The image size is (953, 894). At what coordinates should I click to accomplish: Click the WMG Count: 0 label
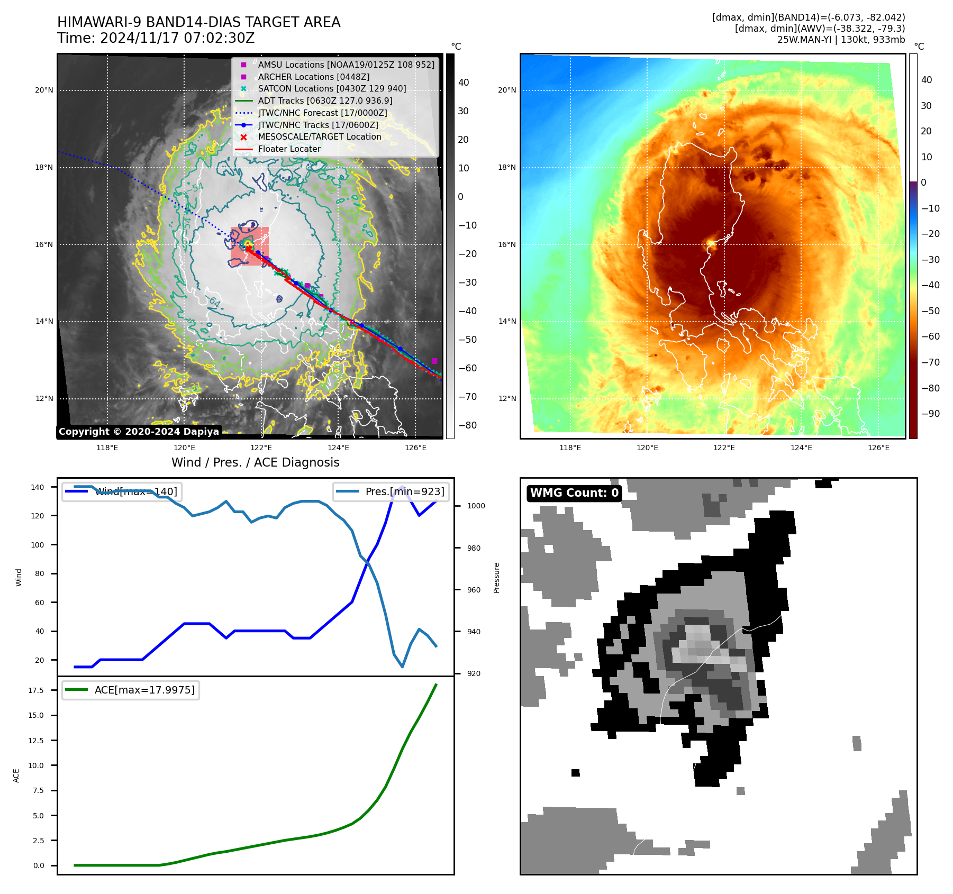click(x=574, y=493)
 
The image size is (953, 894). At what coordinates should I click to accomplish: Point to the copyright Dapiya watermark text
click(x=139, y=432)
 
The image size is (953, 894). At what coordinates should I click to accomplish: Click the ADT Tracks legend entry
click(x=325, y=101)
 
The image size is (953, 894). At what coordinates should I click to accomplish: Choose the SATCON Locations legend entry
click(x=332, y=88)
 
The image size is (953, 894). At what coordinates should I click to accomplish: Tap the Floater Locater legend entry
click(x=289, y=149)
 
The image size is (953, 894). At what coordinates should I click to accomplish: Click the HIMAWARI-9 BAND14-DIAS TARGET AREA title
click(x=199, y=22)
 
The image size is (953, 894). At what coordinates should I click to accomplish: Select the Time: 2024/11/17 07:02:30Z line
click(x=156, y=38)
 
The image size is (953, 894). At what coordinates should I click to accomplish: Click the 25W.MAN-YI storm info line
click(x=841, y=40)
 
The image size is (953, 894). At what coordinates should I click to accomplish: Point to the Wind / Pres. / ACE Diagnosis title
click(x=256, y=462)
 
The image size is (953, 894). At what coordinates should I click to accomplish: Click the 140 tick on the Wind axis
click(x=38, y=487)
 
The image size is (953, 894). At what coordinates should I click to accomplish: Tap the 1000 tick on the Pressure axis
click(x=476, y=506)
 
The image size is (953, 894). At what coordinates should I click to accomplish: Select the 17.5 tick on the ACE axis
click(x=36, y=690)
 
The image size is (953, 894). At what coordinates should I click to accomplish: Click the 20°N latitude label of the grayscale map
click(x=44, y=90)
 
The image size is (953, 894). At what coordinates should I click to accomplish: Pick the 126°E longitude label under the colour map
click(x=878, y=448)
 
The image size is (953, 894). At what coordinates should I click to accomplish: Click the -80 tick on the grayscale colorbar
click(x=467, y=425)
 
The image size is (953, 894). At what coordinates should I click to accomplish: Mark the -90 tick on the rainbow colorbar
click(x=930, y=414)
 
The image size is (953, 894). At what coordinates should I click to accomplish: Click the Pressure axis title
click(x=496, y=578)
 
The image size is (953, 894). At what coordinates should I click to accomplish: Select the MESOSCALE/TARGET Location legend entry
click(x=320, y=136)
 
